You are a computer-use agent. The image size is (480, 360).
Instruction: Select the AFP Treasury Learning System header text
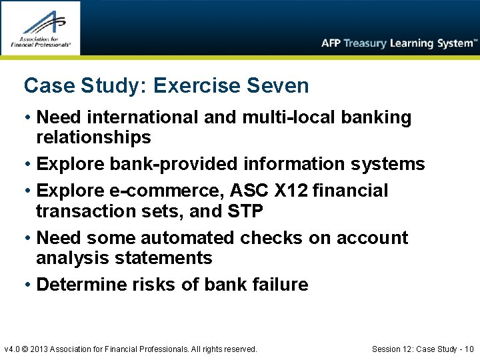[399, 43]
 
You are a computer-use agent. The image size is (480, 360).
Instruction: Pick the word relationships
[93, 138]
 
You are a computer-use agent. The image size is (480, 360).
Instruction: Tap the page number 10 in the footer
[469, 349]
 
